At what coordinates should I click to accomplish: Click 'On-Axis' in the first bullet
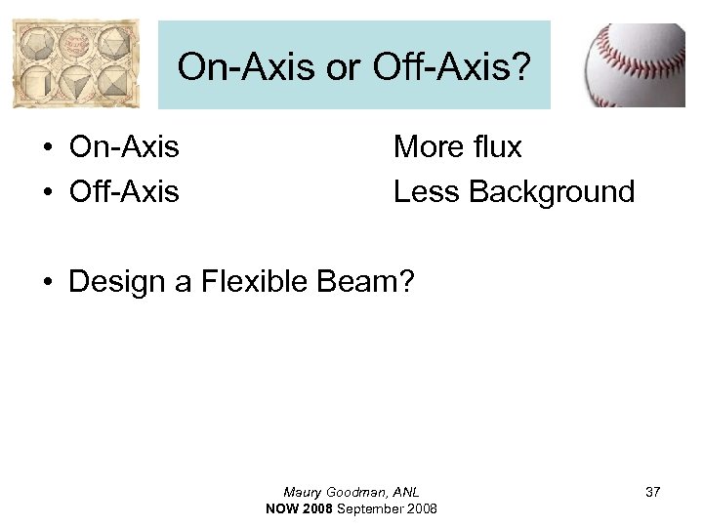124,147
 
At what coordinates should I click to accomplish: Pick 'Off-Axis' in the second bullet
124,191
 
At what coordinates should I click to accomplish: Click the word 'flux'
499,147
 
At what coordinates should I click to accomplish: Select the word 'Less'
427,191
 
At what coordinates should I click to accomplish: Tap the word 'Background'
552,191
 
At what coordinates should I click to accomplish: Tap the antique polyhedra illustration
76,65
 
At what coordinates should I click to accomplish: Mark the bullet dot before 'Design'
46,283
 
